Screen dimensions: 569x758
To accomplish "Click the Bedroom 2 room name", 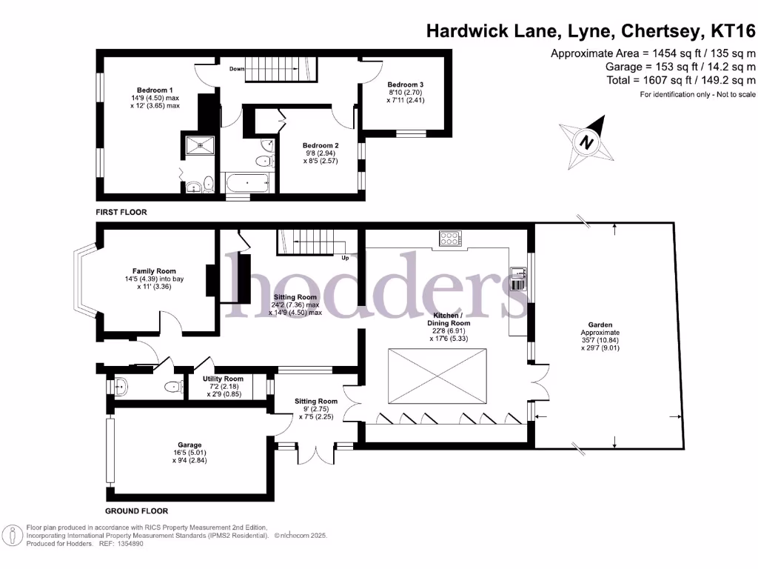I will pyautogui.click(x=320, y=145).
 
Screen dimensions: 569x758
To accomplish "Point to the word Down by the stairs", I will pyautogui.click(x=237, y=69).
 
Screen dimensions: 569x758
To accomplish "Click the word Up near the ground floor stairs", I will pyautogui.click(x=345, y=259).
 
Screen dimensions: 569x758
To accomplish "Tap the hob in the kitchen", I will pyautogui.click(x=449, y=239).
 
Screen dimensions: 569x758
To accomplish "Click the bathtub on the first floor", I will pyautogui.click(x=249, y=182).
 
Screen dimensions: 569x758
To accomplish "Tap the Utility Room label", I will pyautogui.click(x=223, y=379).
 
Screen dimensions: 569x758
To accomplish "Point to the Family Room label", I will pyautogui.click(x=154, y=271).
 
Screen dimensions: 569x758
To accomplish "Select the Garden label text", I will pyautogui.click(x=600, y=325).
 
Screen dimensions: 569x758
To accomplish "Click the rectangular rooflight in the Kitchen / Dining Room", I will pyautogui.click(x=438, y=376).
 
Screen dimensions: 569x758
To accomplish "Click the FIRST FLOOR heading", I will pyautogui.click(x=121, y=213).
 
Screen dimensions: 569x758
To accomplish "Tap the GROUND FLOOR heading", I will pyautogui.click(x=136, y=511).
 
